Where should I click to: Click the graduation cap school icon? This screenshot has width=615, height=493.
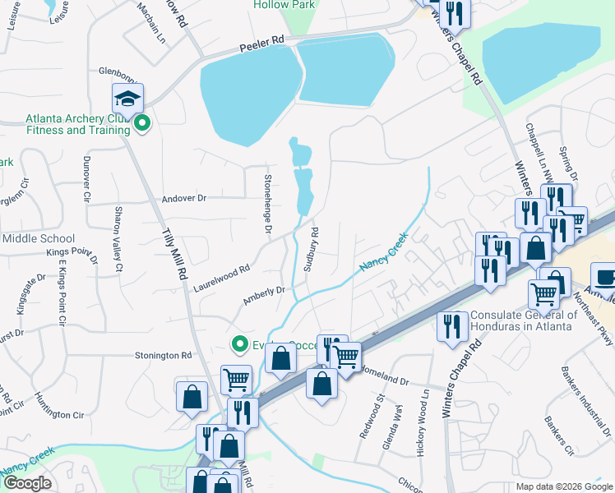click(127, 99)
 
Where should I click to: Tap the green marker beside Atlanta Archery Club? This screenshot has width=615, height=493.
click(142, 125)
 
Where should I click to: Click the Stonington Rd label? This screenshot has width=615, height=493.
click(163, 356)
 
